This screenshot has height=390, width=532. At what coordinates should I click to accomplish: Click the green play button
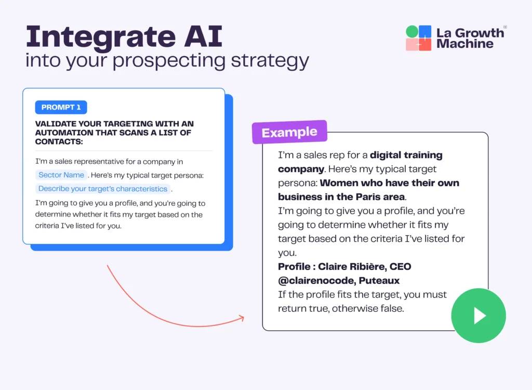pyautogui.click(x=478, y=316)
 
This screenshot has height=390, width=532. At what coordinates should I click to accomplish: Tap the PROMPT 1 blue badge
pyautogui.click(x=61, y=107)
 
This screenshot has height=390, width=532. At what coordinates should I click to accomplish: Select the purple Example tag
pyautogui.click(x=289, y=133)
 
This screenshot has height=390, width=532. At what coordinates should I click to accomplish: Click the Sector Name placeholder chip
pyautogui.click(x=61, y=175)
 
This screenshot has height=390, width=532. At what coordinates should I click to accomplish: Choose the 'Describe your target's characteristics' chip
pyautogui.click(x=103, y=189)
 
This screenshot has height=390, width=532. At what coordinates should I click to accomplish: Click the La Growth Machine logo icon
pyautogui.click(x=419, y=38)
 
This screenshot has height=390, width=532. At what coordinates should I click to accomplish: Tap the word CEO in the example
pyautogui.click(x=400, y=267)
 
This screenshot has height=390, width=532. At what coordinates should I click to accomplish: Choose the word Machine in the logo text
pyautogui.click(x=465, y=44)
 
